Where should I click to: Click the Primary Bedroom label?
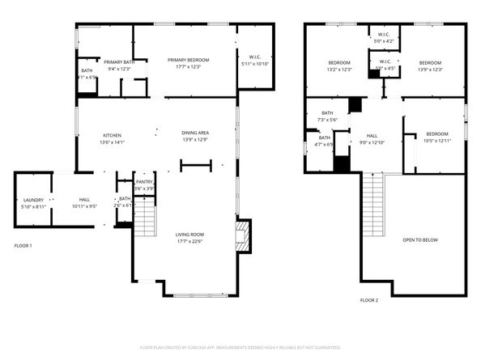click(x=188, y=60)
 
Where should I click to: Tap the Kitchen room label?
click(x=112, y=135)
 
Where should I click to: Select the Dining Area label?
click(x=195, y=132)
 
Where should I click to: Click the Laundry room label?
click(x=33, y=199)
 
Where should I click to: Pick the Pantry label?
click(x=144, y=183)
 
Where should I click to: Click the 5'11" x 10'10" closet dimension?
click(x=255, y=64)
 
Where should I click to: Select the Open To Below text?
click(x=420, y=239)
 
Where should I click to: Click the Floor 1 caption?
click(x=23, y=245)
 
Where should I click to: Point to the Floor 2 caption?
click(x=368, y=300)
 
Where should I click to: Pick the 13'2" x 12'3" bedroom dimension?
click(x=338, y=70)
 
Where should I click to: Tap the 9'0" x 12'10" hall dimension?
click(x=372, y=142)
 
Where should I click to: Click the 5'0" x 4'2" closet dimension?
click(x=385, y=40)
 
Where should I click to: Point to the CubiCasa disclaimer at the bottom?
click(x=240, y=347)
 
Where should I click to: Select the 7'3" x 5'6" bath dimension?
click(x=327, y=120)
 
